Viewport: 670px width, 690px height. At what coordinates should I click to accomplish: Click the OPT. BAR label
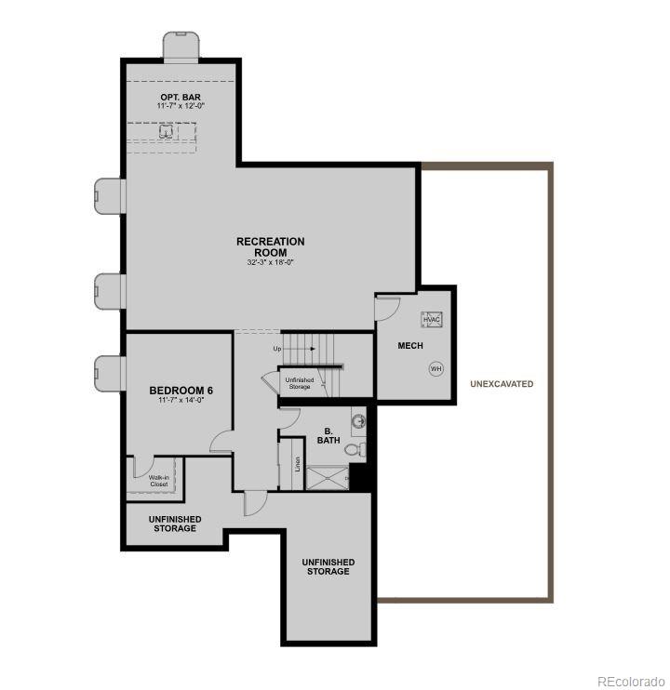tap(180, 97)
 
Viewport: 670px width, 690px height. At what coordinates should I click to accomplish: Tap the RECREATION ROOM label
tap(270, 246)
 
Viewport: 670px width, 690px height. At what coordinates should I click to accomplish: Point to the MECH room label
tap(410, 346)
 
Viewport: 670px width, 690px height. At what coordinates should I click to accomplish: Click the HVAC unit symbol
tap(432, 320)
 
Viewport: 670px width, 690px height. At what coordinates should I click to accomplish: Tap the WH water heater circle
tap(435, 369)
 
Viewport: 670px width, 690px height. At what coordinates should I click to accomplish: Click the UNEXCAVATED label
tap(502, 384)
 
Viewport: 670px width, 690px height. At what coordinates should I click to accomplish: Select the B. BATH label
tap(328, 435)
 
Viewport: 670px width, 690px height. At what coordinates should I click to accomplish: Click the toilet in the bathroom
tap(355, 450)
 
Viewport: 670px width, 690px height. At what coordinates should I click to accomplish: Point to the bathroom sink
tap(358, 420)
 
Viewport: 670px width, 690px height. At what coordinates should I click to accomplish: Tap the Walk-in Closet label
tap(158, 480)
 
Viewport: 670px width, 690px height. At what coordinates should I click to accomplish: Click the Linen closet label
tap(298, 462)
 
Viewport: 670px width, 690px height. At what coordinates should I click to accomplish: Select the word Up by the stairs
tap(276, 349)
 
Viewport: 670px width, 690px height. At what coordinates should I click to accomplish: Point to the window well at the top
tap(182, 46)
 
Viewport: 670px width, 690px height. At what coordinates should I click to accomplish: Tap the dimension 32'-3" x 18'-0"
tap(270, 263)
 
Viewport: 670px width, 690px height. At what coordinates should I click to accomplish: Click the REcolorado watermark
tap(630, 679)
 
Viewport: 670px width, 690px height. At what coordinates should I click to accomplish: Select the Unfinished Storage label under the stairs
tap(300, 382)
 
